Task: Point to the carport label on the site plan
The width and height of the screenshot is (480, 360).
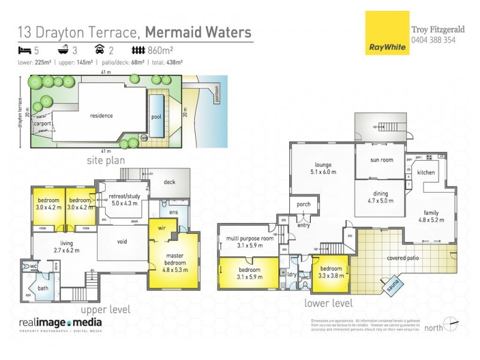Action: tap(42, 124)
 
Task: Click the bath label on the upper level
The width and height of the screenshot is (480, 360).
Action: tap(44, 288)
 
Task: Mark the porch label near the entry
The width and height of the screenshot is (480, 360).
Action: tap(304, 205)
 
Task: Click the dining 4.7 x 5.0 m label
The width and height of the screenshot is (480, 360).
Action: tap(380, 197)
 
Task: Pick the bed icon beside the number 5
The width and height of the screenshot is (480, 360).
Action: tap(23, 50)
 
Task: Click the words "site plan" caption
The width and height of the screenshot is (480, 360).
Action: tap(107, 161)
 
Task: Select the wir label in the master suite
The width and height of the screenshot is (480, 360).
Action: tap(162, 228)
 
